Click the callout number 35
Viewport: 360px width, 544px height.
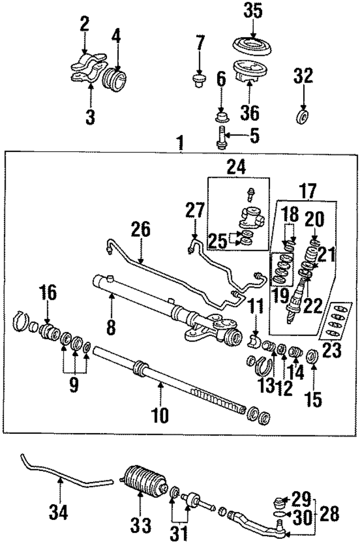(253, 11)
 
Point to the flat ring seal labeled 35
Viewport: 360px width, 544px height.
(253, 44)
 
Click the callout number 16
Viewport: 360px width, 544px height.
(48, 293)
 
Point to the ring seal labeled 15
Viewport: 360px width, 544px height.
(312, 356)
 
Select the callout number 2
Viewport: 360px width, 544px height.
(84, 24)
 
